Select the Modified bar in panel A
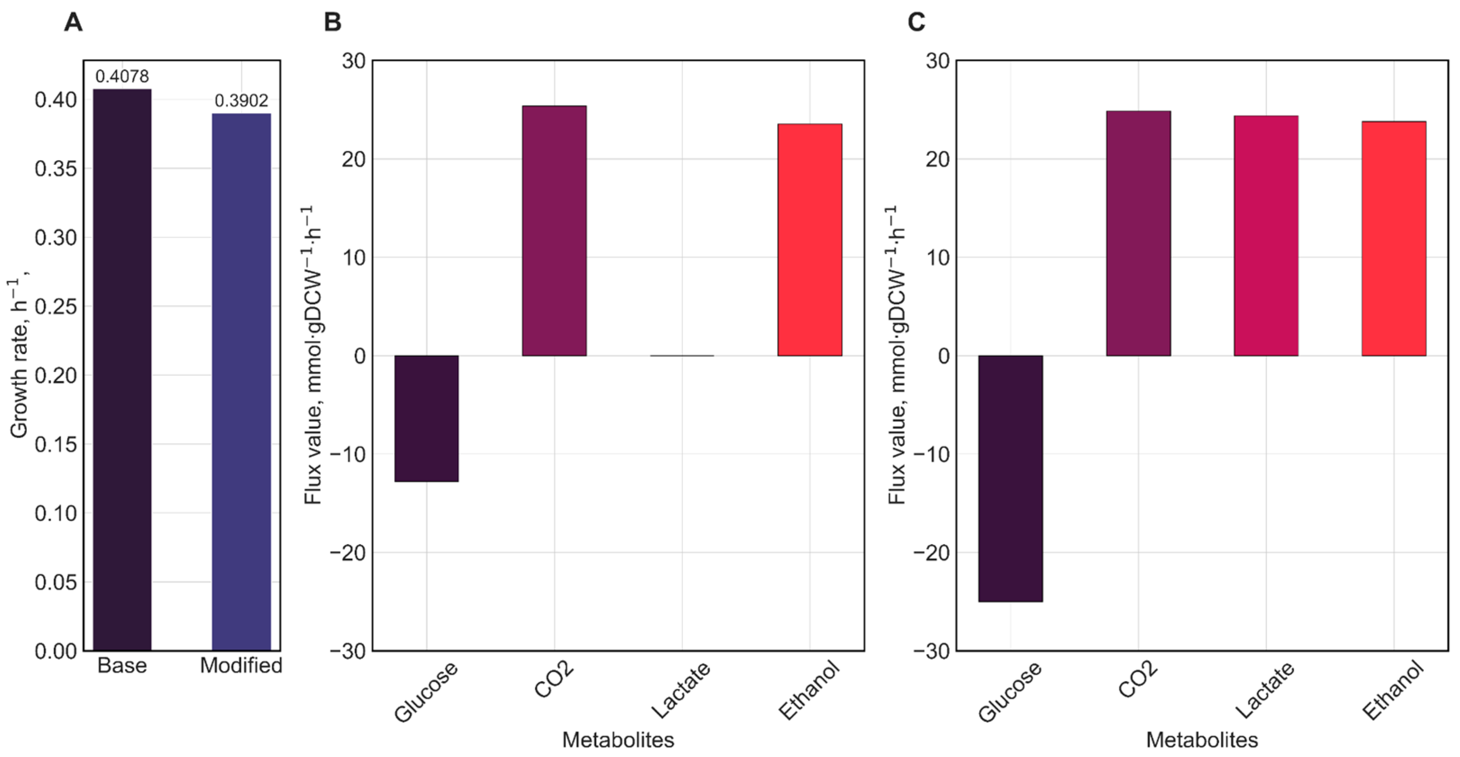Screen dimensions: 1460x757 pos(242,382)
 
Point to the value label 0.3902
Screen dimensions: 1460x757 pos(242,101)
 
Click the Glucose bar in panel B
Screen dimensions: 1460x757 pos(427,419)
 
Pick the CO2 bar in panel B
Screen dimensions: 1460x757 pos(554,231)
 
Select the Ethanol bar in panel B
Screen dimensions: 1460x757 pos(810,240)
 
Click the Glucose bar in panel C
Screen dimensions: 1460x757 pos(1011,479)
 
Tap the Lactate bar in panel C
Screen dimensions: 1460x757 pos(1266,236)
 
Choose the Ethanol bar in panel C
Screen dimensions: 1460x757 pos(1394,238)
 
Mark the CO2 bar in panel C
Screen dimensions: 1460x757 pos(1139,233)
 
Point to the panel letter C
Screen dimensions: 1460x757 pos(917,23)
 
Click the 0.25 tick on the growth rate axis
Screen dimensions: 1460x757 pos(55,306)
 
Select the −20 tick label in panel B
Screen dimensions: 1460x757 pos(347,552)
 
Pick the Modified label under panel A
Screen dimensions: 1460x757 pos(242,665)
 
